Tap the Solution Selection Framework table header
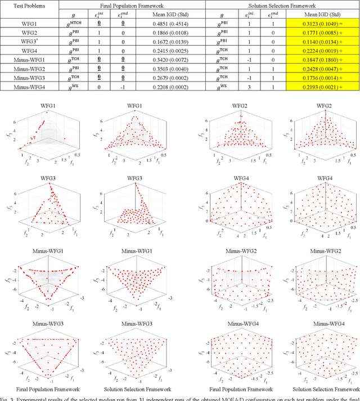(282, 4)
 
